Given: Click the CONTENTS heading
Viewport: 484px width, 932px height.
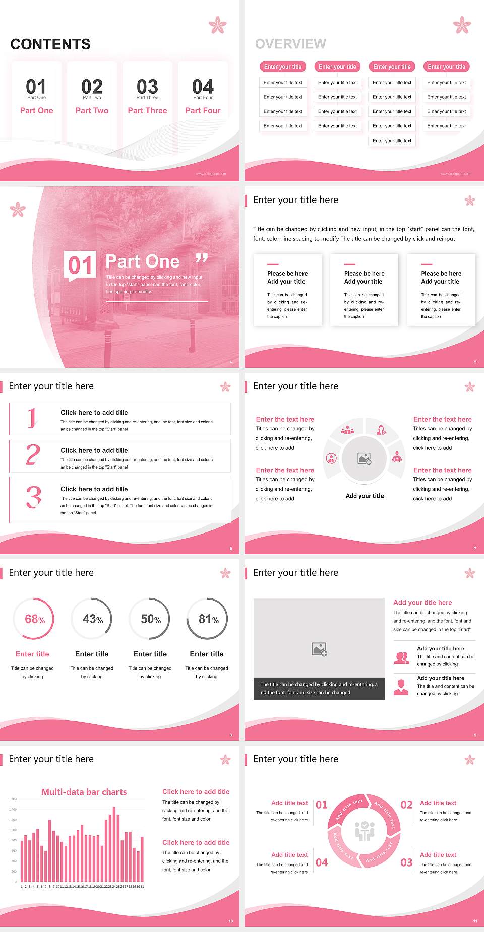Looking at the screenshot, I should coord(50,44).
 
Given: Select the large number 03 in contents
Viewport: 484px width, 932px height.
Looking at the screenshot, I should coord(147,87).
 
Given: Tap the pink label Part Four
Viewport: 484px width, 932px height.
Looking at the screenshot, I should coord(203,111).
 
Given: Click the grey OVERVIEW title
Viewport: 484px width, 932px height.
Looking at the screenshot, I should coord(290,44).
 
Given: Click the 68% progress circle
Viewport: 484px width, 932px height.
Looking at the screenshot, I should coord(34,619).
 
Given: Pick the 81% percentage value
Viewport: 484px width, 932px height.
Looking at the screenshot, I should coord(208,619).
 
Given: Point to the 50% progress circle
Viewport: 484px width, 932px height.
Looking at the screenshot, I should coord(150,619).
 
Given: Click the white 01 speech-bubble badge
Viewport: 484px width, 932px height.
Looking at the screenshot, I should coord(81,265).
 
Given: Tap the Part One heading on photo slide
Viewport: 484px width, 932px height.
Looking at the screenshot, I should coord(143,261).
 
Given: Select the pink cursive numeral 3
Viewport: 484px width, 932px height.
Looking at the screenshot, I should coord(33,497).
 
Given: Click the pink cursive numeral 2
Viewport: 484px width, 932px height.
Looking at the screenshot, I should coord(33,455).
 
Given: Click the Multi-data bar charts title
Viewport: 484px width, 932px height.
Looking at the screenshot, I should coord(84,792).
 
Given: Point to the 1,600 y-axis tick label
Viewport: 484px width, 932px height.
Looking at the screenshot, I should coord(13,799).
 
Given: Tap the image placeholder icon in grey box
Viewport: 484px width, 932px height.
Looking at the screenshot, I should coord(319,649).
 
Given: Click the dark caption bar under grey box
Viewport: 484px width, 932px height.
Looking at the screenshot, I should coord(319,689).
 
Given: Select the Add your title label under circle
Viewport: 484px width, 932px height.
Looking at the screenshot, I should coord(365,496).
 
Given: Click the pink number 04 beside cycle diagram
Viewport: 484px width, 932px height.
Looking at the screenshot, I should coord(322,862).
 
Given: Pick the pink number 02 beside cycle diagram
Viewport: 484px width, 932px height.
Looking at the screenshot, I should coord(406,805).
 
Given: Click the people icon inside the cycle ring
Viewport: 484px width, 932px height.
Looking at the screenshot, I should coord(364,831).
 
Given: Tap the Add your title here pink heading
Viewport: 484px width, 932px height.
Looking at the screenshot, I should coord(422,603).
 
